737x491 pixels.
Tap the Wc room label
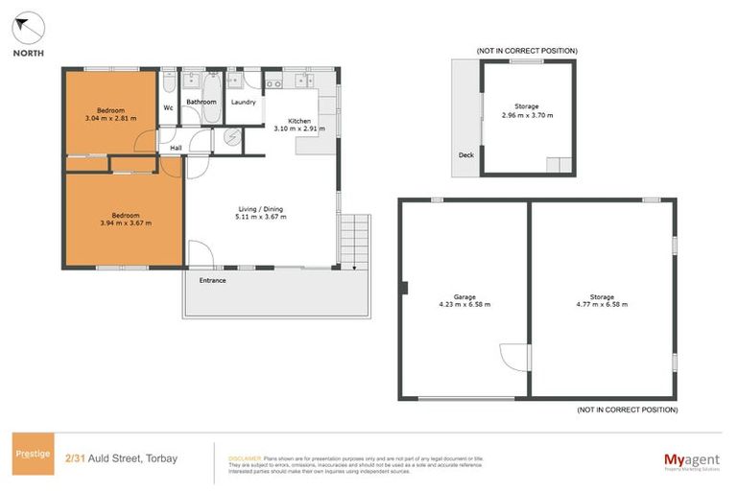168,107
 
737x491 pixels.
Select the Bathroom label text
201,102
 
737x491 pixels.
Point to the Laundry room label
243,102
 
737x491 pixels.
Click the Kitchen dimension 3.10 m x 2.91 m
298,128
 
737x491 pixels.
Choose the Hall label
176,148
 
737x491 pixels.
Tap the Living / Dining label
261,209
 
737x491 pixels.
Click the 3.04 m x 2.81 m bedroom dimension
110,119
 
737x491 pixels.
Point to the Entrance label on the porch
212,280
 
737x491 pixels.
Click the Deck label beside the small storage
465,154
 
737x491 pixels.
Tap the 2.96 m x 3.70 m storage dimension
527,114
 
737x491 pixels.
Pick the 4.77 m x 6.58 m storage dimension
602,304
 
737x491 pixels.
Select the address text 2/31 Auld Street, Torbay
121,458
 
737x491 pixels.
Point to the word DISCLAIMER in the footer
245,458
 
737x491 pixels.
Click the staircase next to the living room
353,239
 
